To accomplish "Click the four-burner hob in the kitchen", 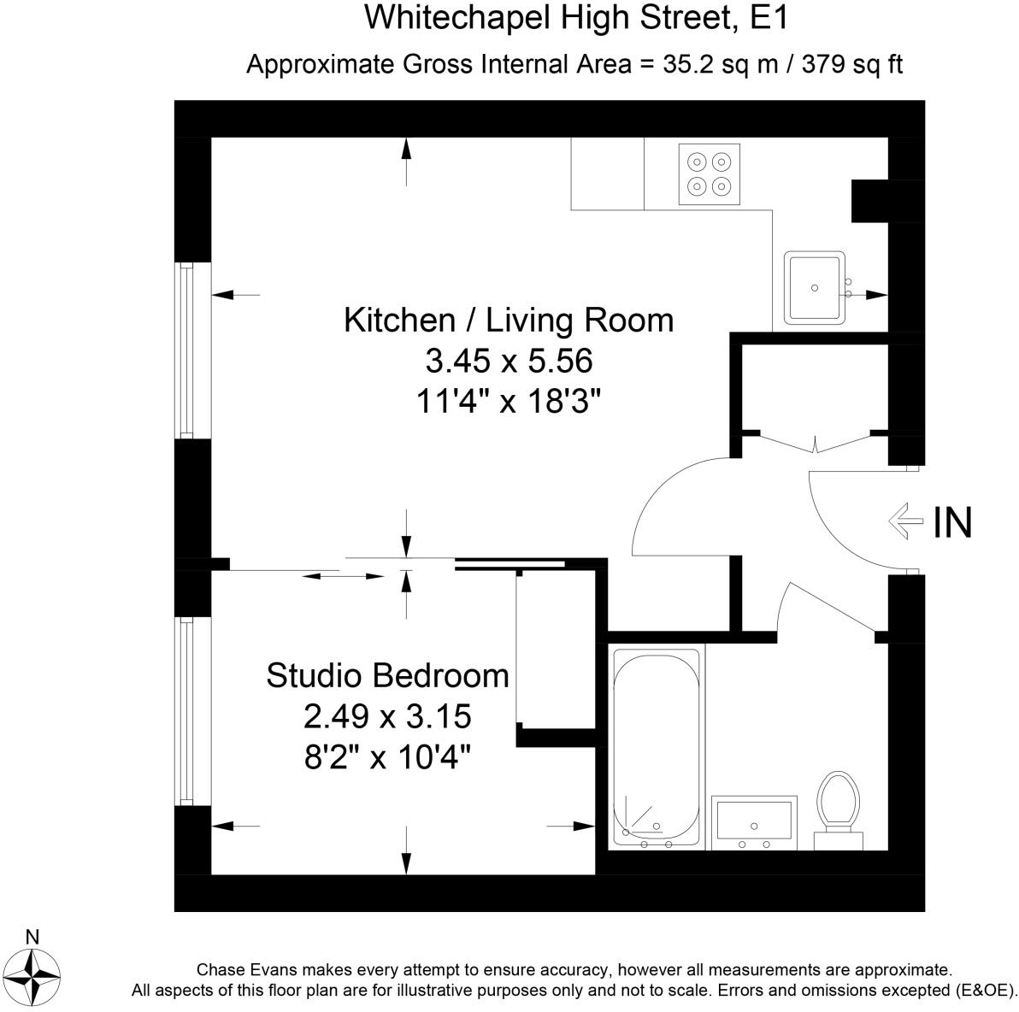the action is pos(709,174).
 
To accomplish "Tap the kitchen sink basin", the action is pos(815,287).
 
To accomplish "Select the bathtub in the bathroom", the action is pos(657,748).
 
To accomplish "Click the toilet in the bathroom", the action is pos(839,810).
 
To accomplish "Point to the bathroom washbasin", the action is pos(754,822).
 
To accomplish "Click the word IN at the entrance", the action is pos(952,522).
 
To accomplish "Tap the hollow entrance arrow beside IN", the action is pos(906,521).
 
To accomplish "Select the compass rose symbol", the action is pos(36,976).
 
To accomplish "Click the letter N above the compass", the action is pos(32,937).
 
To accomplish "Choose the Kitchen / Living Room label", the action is pos(509,320).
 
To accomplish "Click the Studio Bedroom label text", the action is pos(387,675).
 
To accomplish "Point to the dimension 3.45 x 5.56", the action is pos(509,361).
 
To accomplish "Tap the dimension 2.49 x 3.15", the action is pos(387,716).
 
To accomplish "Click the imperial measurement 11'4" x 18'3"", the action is pos(507,400).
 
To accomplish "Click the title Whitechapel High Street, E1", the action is pos(576,18).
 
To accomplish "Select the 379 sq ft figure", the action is pos(852,64).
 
